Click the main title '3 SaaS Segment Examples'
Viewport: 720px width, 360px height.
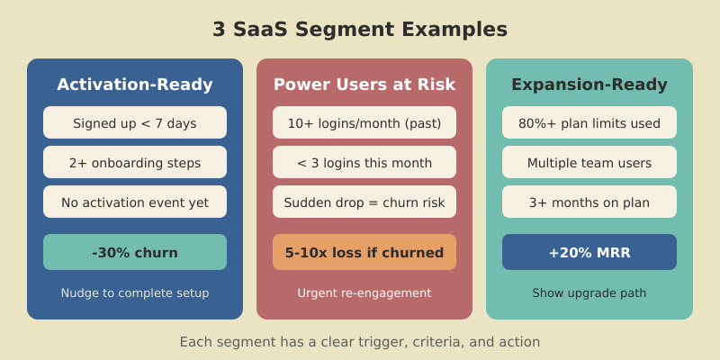click(x=360, y=30)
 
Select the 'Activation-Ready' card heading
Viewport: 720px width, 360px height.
click(x=135, y=85)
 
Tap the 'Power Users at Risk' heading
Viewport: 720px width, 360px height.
click(x=364, y=85)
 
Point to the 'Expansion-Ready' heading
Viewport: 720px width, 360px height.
click(x=589, y=85)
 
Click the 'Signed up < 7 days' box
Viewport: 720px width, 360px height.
click(x=135, y=123)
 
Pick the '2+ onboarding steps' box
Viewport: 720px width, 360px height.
click(x=135, y=163)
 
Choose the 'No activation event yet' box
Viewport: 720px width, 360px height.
click(x=135, y=202)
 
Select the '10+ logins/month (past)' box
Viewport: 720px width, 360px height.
click(x=364, y=123)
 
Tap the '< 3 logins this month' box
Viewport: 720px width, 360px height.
click(x=364, y=163)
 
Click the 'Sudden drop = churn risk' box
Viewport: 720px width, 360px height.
click(x=364, y=202)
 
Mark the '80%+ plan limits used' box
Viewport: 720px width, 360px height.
click(x=589, y=123)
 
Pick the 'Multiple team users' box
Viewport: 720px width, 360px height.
click(x=589, y=163)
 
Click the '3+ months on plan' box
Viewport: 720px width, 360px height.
click(x=589, y=202)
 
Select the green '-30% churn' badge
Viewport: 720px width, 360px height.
click(x=135, y=252)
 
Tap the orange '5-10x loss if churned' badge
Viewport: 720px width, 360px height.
click(x=364, y=252)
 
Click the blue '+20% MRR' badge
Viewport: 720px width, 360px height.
click(x=589, y=252)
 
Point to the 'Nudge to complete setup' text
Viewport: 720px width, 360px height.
click(x=135, y=292)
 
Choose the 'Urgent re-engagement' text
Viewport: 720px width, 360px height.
click(x=364, y=292)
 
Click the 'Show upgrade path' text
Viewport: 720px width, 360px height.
click(x=589, y=292)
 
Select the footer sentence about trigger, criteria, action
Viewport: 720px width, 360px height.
click(x=360, y=342)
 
